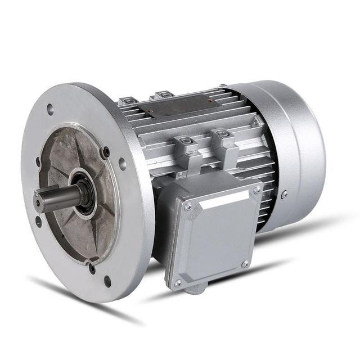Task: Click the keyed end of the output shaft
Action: pos(38,201)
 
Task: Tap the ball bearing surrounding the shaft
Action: pos(84,194)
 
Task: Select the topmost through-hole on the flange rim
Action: pos(50,109)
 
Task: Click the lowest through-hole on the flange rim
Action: pos(107,281)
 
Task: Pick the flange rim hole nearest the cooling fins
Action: pos(122,164)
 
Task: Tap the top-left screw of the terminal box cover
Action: pos(188,206)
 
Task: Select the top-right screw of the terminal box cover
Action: pos(256,191)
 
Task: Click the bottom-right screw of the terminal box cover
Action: pos(245,263)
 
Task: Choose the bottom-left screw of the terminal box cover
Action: pos(178,283)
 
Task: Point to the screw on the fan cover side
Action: pos(284,194)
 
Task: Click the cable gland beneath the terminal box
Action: pos(193,290)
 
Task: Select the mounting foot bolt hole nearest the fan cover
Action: pos(222,134)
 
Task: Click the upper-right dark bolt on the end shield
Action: pos(105,151)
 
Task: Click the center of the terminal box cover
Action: pos(217,236)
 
